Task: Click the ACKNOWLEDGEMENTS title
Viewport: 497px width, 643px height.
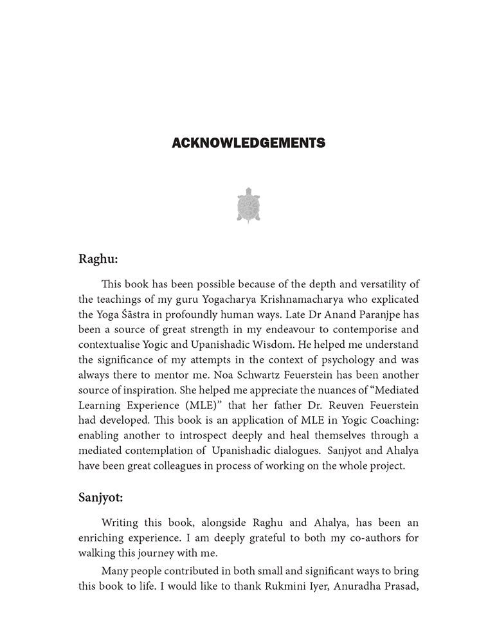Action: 248,143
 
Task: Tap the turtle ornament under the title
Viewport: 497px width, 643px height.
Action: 248,204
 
